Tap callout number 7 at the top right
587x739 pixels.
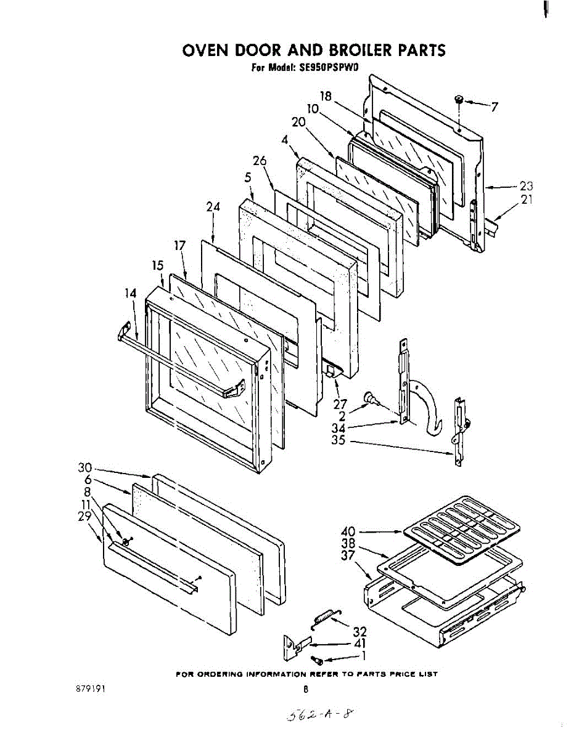click(x=494, y=107)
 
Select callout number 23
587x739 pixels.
click(x=525, y=185)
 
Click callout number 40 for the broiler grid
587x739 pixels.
click(x=349, y=531)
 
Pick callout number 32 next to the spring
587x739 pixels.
click(x=359, y=631)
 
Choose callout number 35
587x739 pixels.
click(x=338, y=441)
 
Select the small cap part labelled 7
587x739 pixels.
click(x=459, y=100)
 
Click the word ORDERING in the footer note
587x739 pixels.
click(x=220, y=674)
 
